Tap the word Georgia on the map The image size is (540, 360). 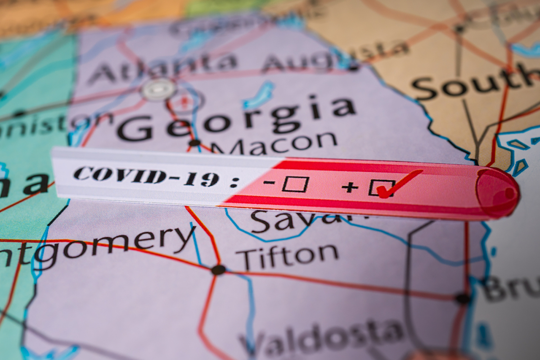tap(234, 118)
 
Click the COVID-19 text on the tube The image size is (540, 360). tap(146, 176)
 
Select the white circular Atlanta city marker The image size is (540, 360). tap(158, 89)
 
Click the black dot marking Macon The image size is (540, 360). tap(194, 143)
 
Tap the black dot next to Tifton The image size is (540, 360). tap(219, 270)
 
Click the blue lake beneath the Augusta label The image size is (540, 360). tap(259, 95)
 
